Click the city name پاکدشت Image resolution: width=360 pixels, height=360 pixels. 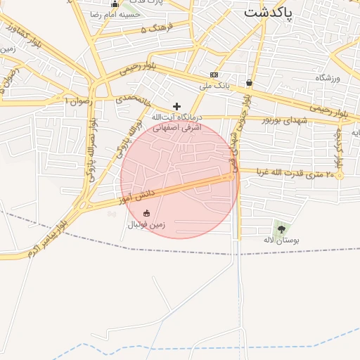269,13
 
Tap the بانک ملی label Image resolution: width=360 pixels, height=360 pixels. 214,86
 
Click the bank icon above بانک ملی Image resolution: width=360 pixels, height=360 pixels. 214,75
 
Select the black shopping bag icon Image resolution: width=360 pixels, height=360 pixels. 250,82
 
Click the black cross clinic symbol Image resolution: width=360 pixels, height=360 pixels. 176,105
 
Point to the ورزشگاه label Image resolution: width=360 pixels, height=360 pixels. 328,78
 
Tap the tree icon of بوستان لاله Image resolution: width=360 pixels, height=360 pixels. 281,229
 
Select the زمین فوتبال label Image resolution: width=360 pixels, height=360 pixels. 146,225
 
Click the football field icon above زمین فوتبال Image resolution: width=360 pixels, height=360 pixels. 146,213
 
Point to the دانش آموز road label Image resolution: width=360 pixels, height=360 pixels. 135,196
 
